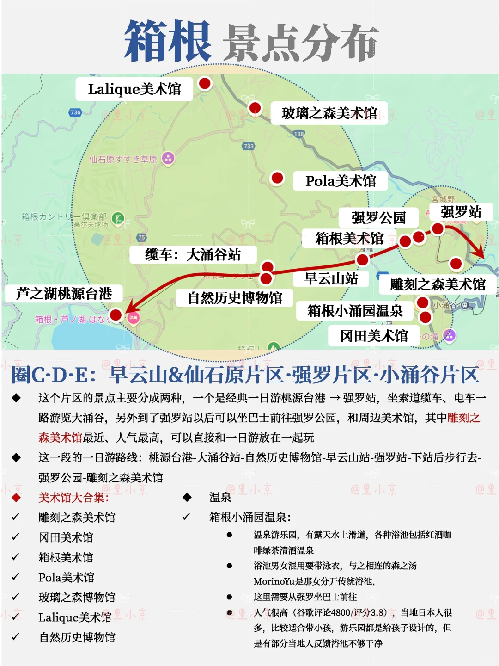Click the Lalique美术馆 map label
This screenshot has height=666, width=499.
click(134, 89)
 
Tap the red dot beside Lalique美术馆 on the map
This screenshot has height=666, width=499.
click(205, 84)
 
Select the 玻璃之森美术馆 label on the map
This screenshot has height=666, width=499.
click(329, 113)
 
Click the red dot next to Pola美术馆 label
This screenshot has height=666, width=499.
click(277, 178)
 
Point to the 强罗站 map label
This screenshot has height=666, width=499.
click(461, 212)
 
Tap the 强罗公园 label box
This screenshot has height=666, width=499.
click(378, 217)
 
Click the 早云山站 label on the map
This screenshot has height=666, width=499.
click(331, 278)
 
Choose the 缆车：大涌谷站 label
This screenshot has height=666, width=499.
click(193, 254)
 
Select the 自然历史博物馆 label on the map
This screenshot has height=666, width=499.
click(235, 298)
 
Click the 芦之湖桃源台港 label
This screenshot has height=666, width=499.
click(64, 293)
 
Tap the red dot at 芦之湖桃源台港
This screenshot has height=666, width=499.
click(116, 315)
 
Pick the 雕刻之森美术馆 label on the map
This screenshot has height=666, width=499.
click(438, 284)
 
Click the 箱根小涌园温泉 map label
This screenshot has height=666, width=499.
click(354, 311)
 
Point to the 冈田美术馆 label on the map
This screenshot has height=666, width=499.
click(374, 336)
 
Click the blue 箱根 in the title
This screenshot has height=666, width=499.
click(168, 42)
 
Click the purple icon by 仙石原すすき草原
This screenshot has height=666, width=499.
click(168, 159)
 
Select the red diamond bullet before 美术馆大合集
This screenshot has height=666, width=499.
click(16, 498)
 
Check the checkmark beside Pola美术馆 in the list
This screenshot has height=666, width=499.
click(16, 577)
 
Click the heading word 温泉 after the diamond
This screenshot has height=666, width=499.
click(220, 498)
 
